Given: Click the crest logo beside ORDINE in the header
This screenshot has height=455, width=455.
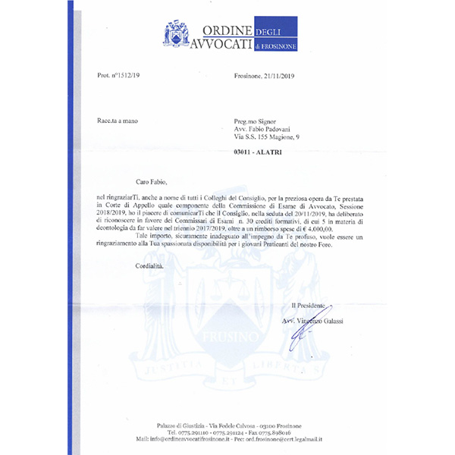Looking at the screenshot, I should coord(177,33).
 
